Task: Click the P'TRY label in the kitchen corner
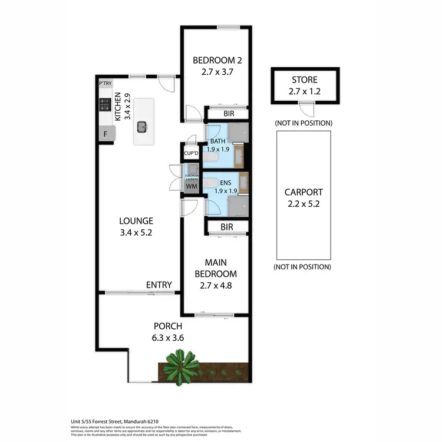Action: coord(105,84)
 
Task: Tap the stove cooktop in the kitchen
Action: coord(105,105)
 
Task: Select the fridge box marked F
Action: coord(105,134)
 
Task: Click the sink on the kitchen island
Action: coord(142,126)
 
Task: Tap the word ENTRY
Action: coord(159,285)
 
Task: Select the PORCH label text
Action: coord(167,326)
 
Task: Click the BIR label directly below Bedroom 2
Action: coord(229,113)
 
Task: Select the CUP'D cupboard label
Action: coord(190,153)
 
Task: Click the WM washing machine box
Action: coord(191,186)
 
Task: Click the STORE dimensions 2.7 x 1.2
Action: coord(304,91)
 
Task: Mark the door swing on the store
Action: coord(304,110)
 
